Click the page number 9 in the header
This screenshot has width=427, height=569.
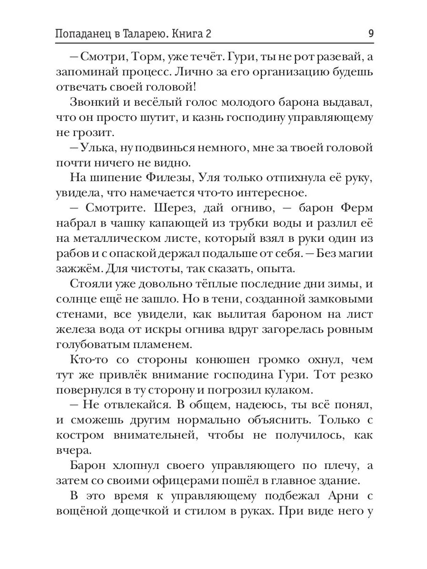point(371,34)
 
